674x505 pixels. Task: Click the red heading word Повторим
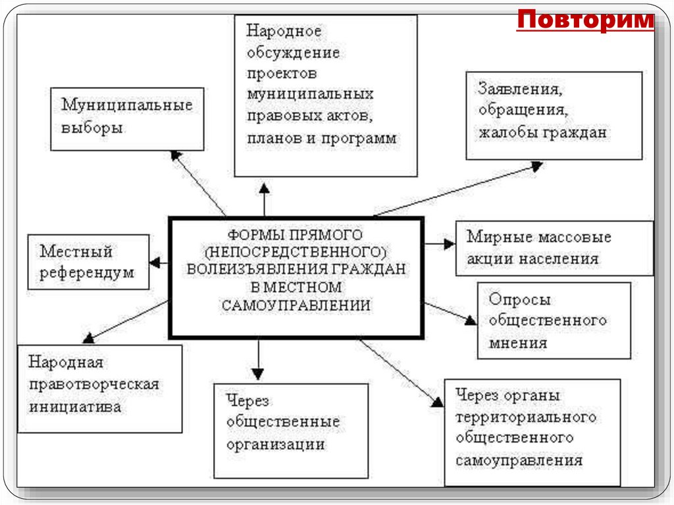pos(585,20)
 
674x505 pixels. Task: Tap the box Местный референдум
pos(88,261)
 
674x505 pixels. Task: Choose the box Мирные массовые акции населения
pos(554,248)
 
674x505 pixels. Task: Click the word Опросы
pos(519,300)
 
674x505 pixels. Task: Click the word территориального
pos(525,417)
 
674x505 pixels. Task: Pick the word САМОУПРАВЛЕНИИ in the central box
pos(296,306)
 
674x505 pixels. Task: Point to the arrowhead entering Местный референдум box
pos(155,262)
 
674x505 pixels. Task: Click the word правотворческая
pos(93,385)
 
